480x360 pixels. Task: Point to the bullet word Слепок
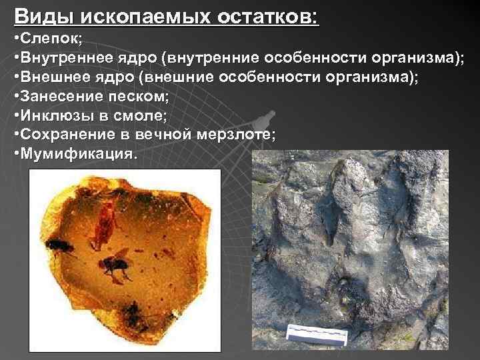tap(50, 39)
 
